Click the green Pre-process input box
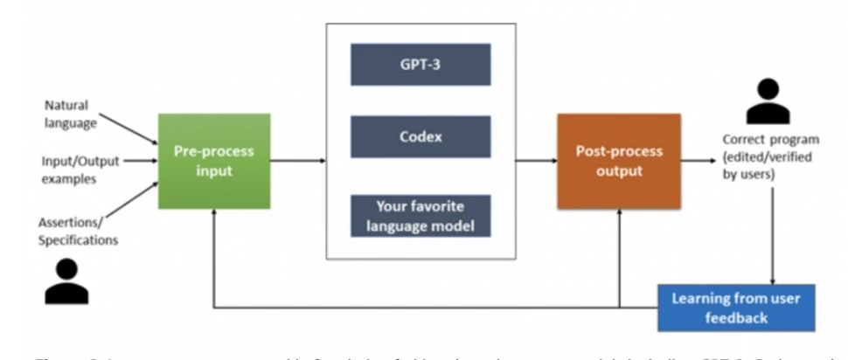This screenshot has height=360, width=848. pyautogui.click(x=214, y=161)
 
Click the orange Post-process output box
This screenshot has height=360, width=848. pyautogui.click(x=618, y=161)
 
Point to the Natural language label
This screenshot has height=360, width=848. pyautogui.click(x=70, y=114)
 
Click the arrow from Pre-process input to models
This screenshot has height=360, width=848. pyautogui.click(x=297, y=161)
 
